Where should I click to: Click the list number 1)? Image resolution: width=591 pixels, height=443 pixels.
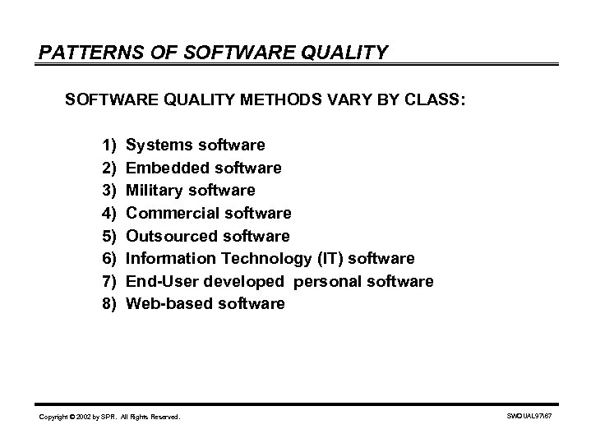[x=110, y=145]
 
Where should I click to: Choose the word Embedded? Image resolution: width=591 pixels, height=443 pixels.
[x=164, y=168]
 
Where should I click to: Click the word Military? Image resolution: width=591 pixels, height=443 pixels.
[x=153, y=191]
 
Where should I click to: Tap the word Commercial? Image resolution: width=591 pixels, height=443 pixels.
[x=169, y=214]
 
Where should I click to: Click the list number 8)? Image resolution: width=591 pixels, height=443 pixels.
[x=110, y=304]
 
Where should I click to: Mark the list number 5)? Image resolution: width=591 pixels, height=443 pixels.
[x=110, y=237]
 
